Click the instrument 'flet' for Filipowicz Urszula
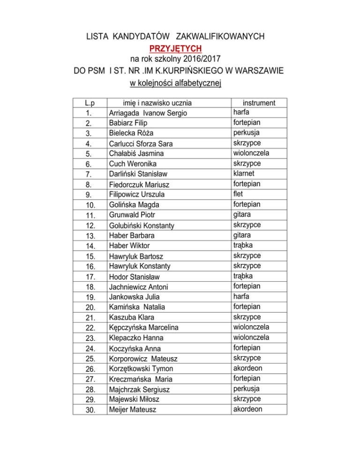[x=238, y=194]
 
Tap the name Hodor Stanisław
[x=133, y=277]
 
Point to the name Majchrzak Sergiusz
[x=138, y=389]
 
